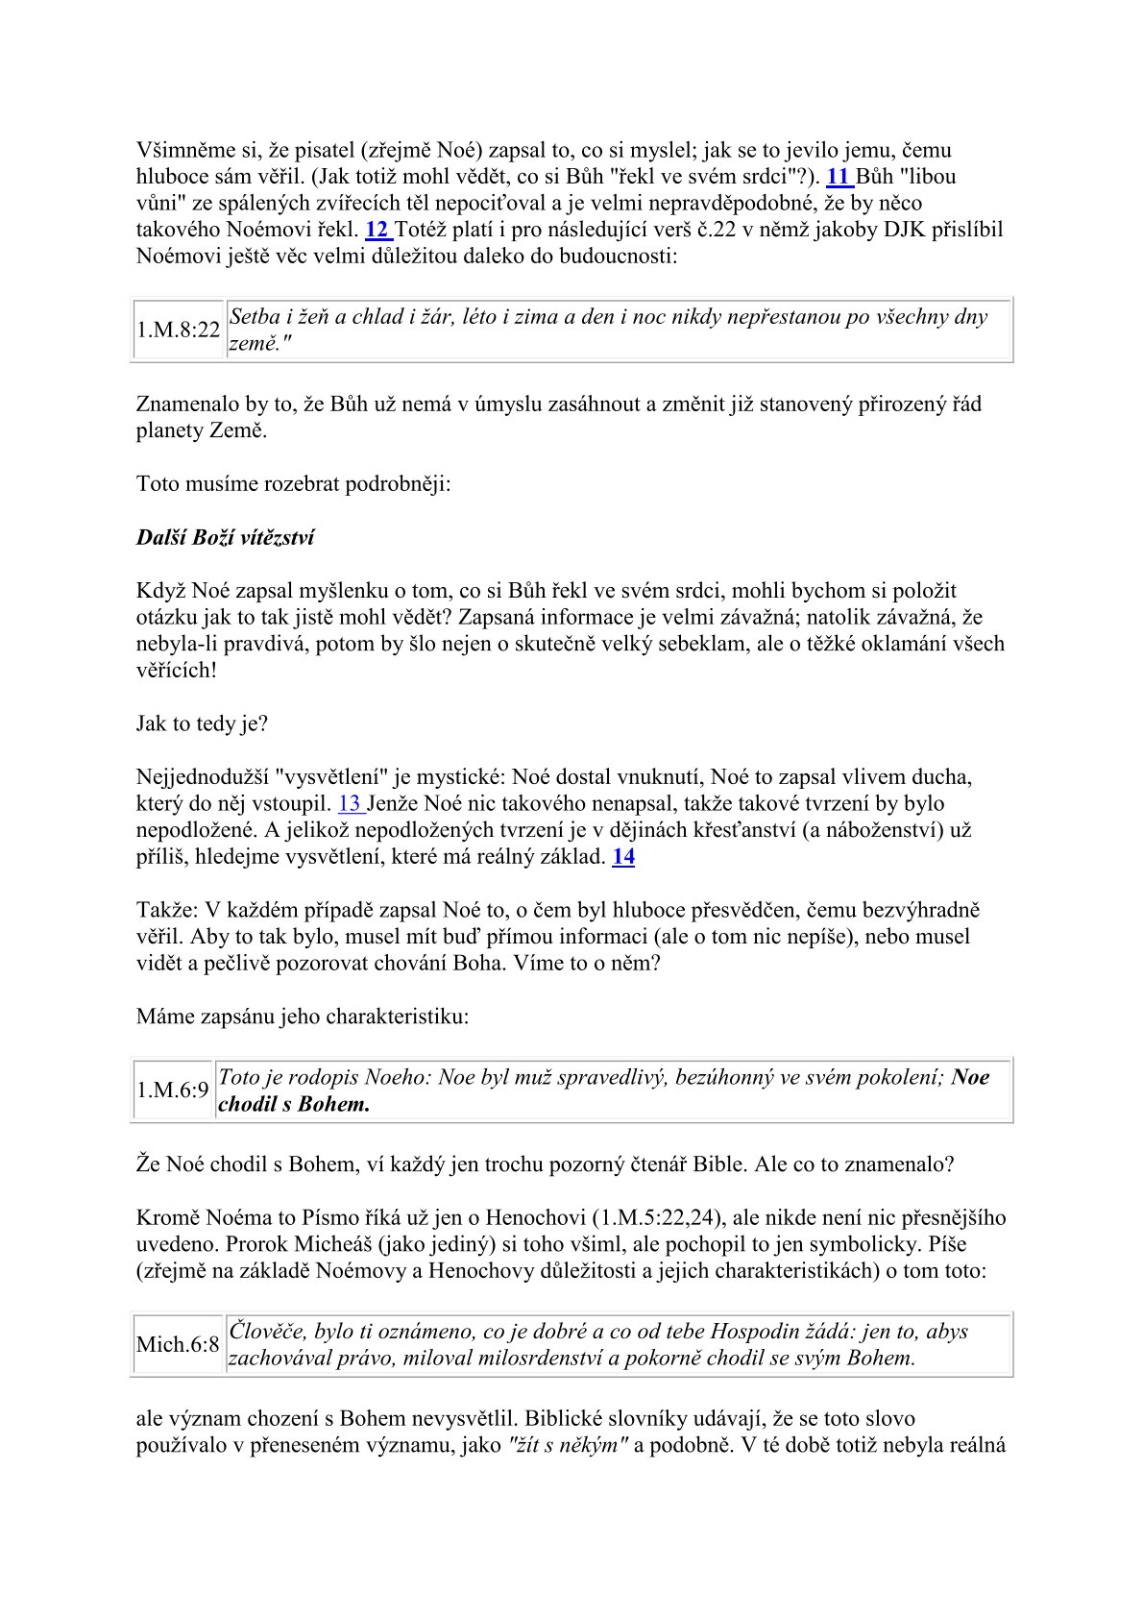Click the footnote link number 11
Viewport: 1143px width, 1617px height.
pyautogui.click(x=839, y=177)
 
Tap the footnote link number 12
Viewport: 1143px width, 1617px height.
pyautogui.click(x=377, y=231)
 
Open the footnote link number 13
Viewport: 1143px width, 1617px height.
pyautogui.click(x=350, y=804)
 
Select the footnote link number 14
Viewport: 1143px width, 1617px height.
pyautogui.click(x=623, y=857)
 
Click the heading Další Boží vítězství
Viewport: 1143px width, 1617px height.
pyautogui.click(x=225, y=538)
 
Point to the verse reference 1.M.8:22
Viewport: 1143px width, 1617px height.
pyautogui.click(x=179, y=331)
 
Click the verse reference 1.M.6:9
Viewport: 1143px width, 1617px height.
pyautogui.click(x=173, y=1090)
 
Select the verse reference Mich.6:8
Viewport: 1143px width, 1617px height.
pyautogui.click(x=178, y=1345)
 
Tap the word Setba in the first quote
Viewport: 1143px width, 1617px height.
pyautogui.click(x=255, y=317)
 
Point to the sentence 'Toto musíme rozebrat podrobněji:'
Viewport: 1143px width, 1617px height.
pyautogui.click(x=293, y=483)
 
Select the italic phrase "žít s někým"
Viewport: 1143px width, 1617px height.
pyautogui.click(x=568, y=1445)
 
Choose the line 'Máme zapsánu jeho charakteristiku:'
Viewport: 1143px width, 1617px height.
pyautogui.click(x=303, y=1017)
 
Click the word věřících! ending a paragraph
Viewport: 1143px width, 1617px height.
pyautogui.click(x=177, y=671)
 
